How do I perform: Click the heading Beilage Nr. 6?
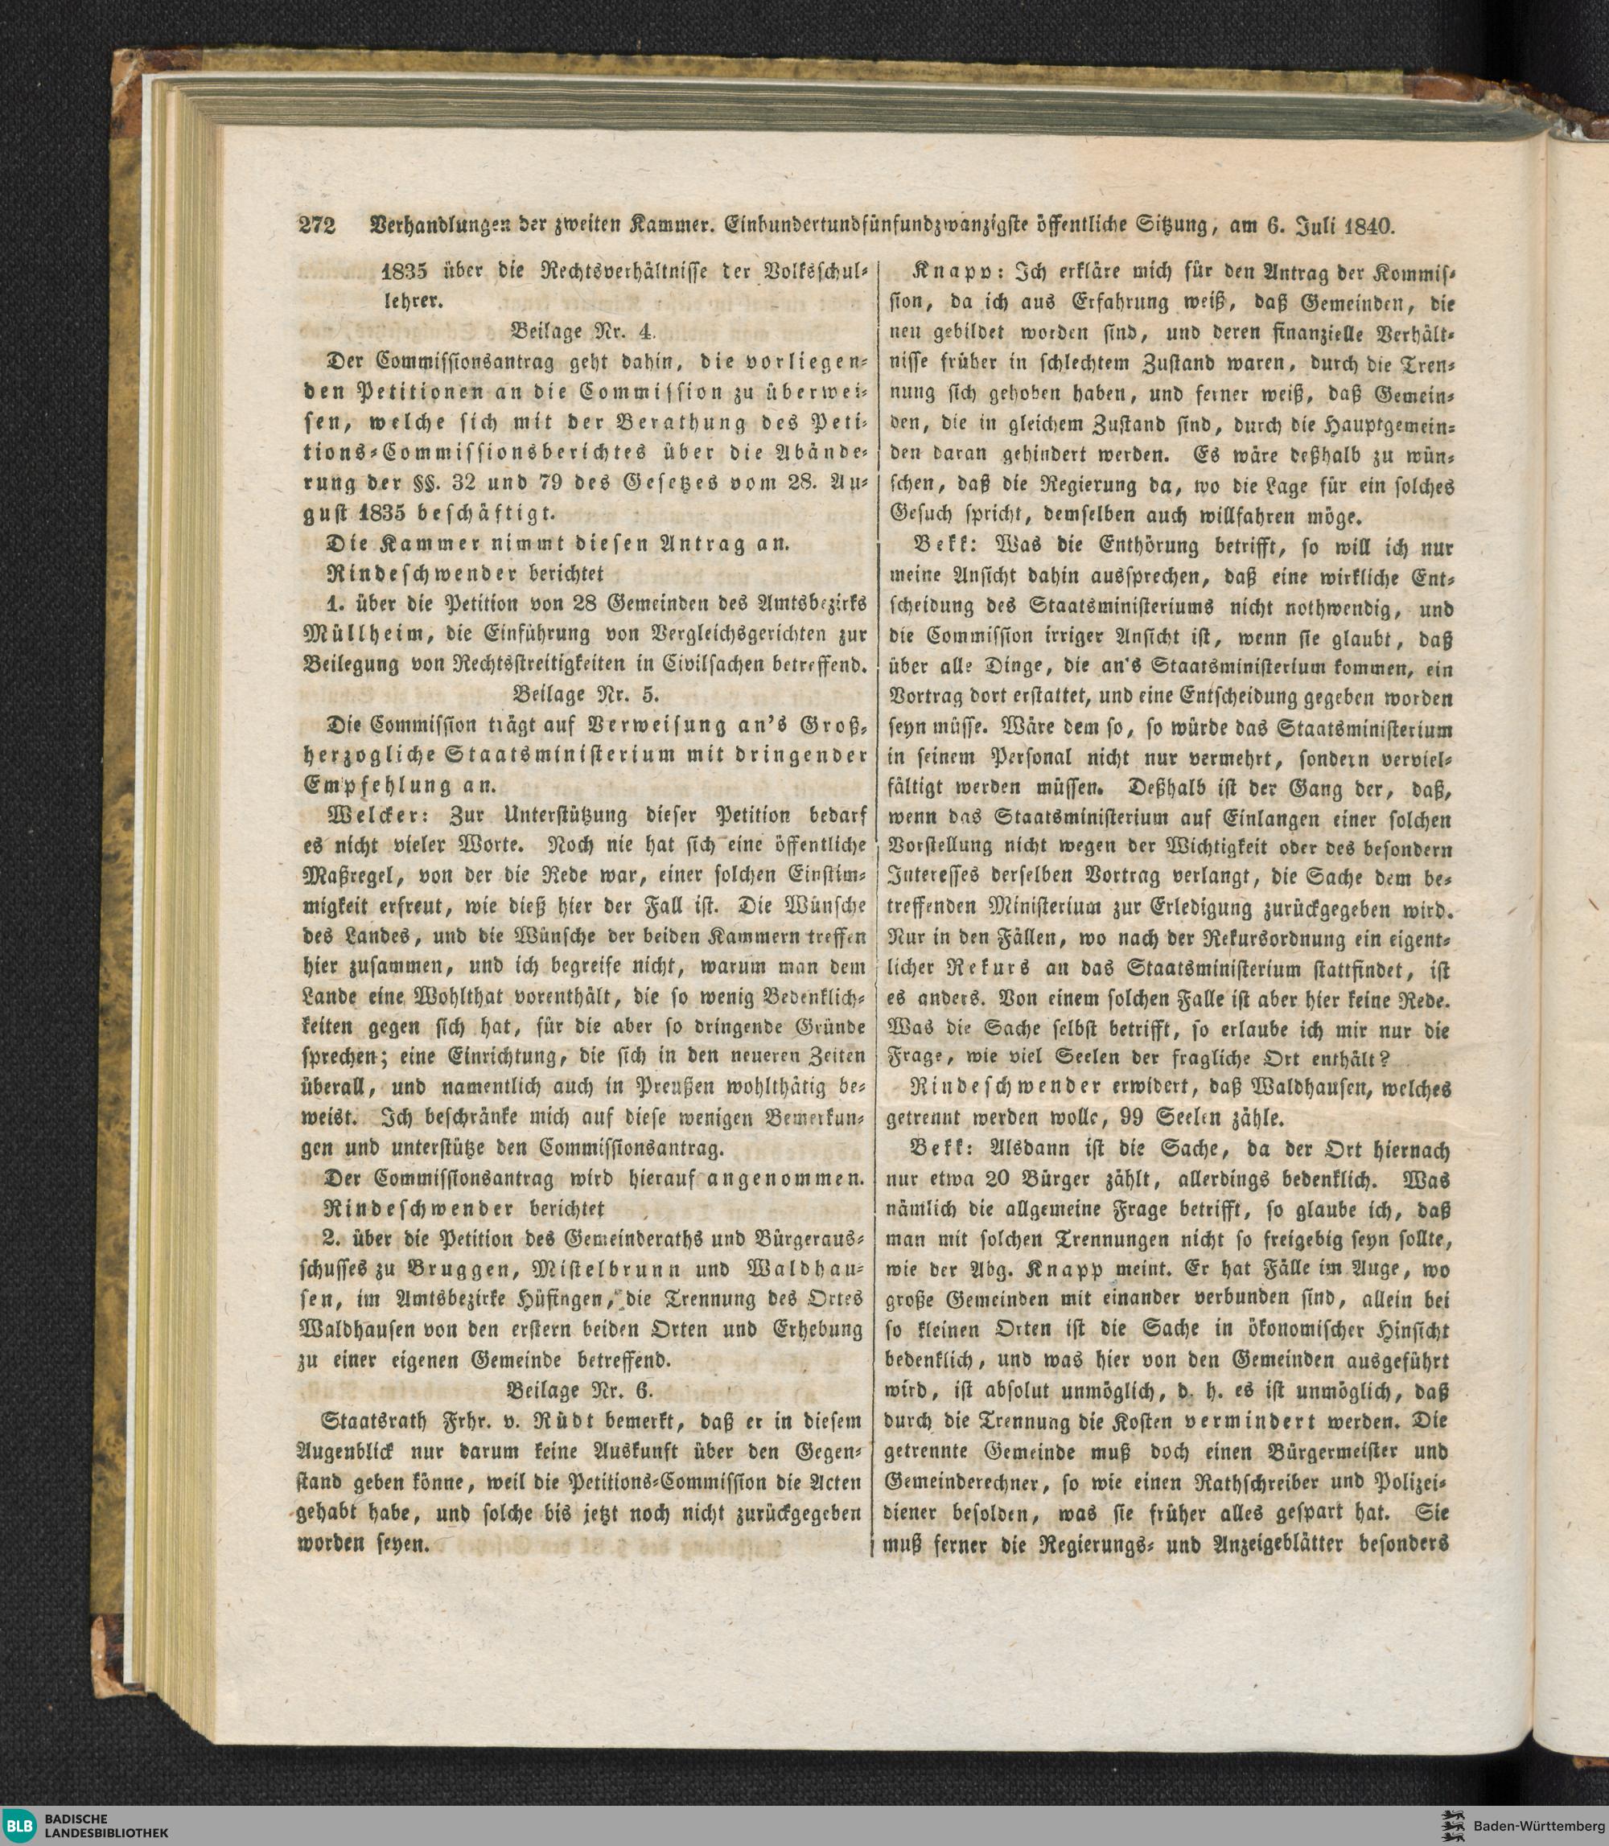[x=581, y=1391]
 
